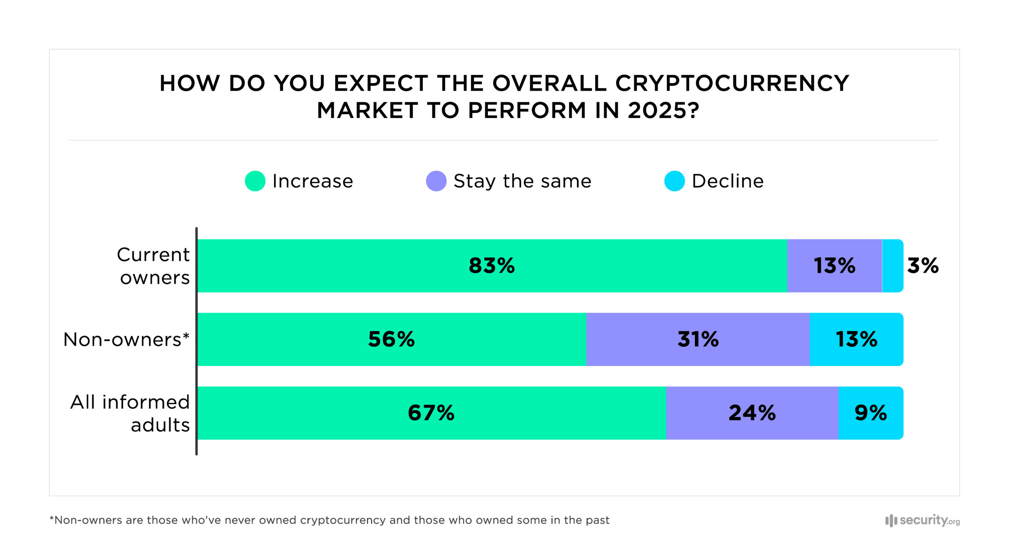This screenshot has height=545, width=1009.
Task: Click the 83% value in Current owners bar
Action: [x=491, y=265]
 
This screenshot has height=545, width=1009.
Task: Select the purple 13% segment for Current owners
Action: [x=834, y=265]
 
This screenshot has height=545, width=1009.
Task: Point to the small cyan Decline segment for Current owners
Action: [x=892, y=265]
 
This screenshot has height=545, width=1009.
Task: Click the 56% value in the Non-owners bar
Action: [x=391, y=339]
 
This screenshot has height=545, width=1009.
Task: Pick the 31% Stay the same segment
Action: [x=698, y=339]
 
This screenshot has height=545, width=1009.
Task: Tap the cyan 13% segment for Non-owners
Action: [x=856, y=339]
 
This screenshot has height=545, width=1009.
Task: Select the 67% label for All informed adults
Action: [x=431, y=413]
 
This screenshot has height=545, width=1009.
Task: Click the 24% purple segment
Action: [x=752, y=413]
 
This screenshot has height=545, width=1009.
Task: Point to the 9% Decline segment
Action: [x=870, y=413]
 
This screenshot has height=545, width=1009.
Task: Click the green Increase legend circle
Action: [x=255, y=181]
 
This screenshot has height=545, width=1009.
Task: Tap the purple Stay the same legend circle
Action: [x=436, y=181]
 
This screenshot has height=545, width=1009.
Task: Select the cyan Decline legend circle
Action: [x=674, y=181]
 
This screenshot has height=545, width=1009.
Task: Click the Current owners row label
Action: [x=154, y=266]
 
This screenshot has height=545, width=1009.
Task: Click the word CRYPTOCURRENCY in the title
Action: [x=732, y=83]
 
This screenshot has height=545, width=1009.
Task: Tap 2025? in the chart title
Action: [x=663, y=110]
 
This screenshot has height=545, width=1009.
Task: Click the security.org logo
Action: [x=922, y=520]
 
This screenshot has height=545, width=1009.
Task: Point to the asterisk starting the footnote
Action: [x=52, y=518]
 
